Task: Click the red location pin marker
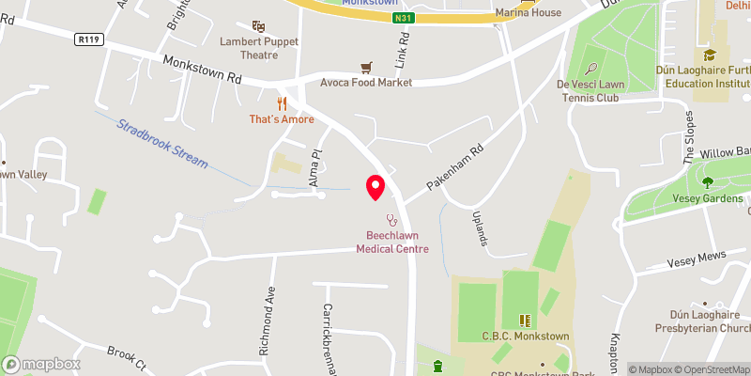point(375,187)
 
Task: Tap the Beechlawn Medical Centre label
point(392,243)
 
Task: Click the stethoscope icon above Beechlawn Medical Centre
point(392,220)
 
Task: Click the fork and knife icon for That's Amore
point(279,102)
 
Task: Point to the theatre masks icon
point(258,27)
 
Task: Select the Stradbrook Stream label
point(162,143)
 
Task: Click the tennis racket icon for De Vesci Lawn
point(591,68)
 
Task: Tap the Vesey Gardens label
point(709,198)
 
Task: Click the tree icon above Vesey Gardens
point(709,181)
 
